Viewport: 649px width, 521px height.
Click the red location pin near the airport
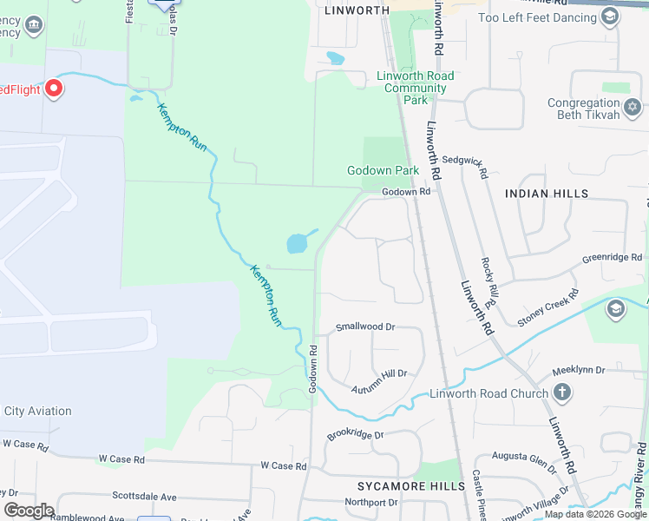tap(54, 89)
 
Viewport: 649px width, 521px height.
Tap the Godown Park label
tap(383, 170)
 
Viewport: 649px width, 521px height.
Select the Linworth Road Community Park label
tap(415, 88)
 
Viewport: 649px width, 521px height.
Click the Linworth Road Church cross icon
tap(562, 393)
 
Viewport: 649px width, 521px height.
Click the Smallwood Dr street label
tap(365, 327)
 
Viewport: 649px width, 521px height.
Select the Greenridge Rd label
tap(612, 258)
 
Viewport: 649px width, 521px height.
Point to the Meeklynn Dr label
tap(579, 371)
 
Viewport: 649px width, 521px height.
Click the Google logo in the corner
tap(29, 511)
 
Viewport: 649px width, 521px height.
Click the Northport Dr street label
tap(370, 502)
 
